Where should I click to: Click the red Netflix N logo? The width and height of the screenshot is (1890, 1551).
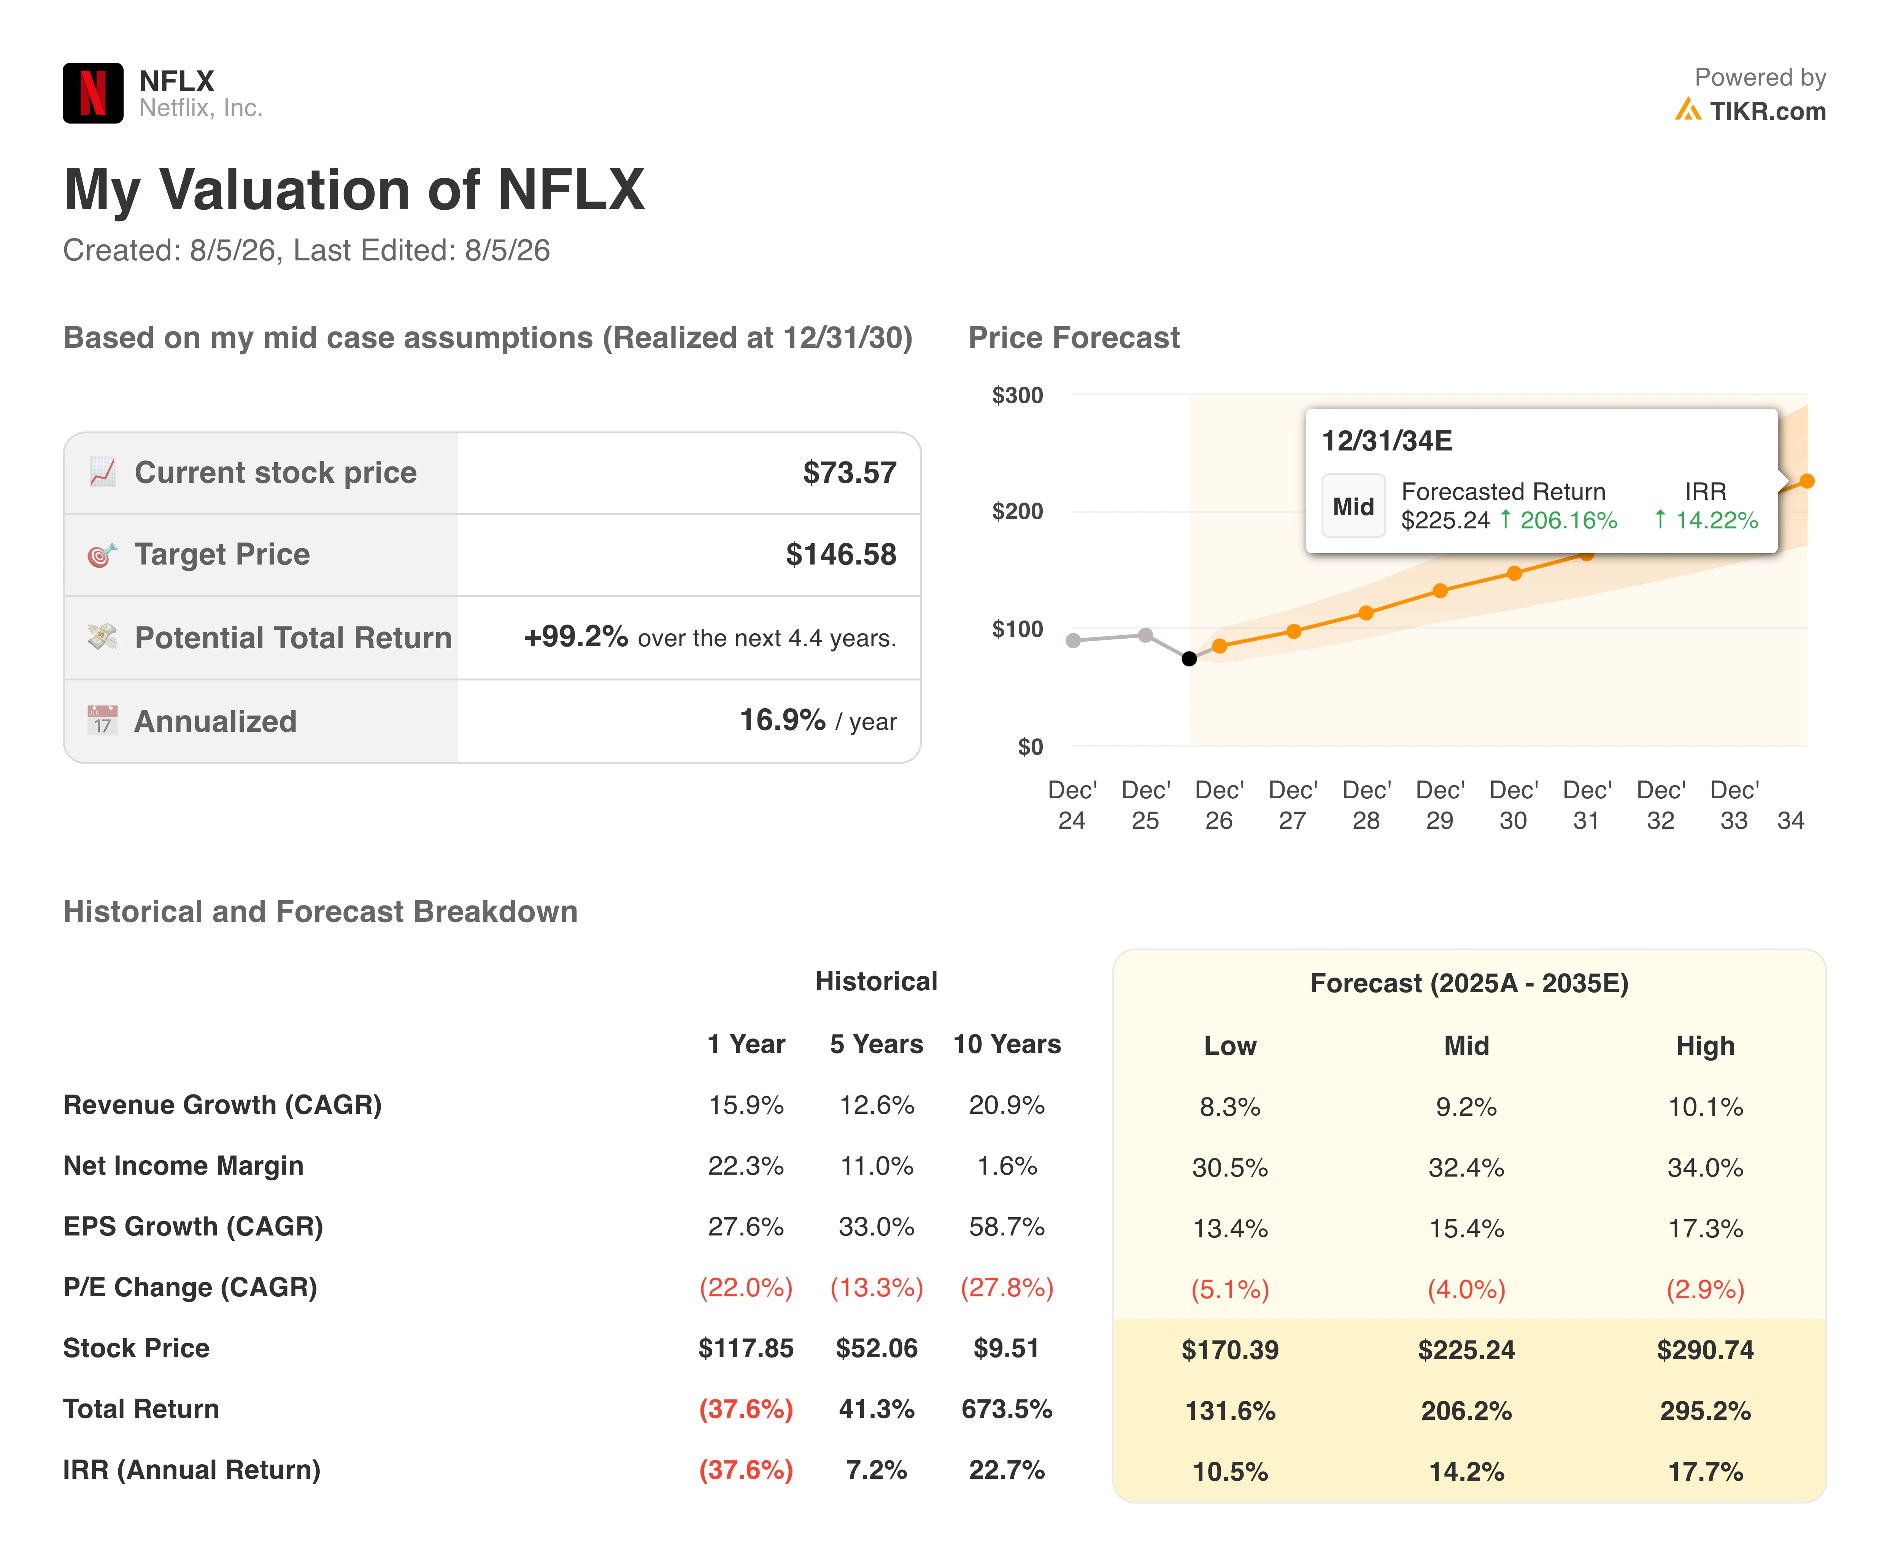tap(93, 93)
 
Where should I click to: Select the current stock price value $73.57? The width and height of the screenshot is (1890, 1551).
tap(849, 473)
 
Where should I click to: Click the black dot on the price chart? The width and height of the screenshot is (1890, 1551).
tap(1188, 658)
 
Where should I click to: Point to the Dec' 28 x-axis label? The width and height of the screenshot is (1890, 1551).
tap(1366, 805)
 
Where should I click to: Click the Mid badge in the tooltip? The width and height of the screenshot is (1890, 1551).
tap(1353, 507)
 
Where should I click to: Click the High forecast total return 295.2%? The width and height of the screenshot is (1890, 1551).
tap(1705, 1411)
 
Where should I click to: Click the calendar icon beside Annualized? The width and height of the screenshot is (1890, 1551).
tap(102, 720)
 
